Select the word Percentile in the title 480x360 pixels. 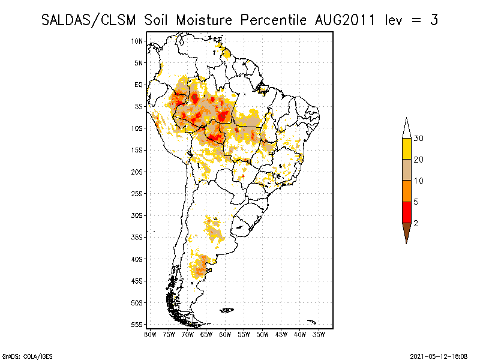(274, 20)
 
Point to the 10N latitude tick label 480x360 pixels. (137, 41)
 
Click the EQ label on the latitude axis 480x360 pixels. (139, 85)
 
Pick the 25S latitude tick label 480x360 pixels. (137, 193)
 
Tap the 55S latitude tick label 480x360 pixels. (137, 324)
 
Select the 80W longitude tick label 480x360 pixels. (150, 334)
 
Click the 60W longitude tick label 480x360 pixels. (225, 334)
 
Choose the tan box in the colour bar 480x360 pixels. (406, 170)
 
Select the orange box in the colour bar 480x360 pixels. (406, 191)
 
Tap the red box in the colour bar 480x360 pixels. (406, 212)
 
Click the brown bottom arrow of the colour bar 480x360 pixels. (406, 231)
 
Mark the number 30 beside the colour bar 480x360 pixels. (419, 139)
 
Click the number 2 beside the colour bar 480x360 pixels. (416, 223)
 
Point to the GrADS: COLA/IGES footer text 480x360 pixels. (20, 355)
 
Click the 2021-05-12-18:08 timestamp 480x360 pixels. (439, 355)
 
